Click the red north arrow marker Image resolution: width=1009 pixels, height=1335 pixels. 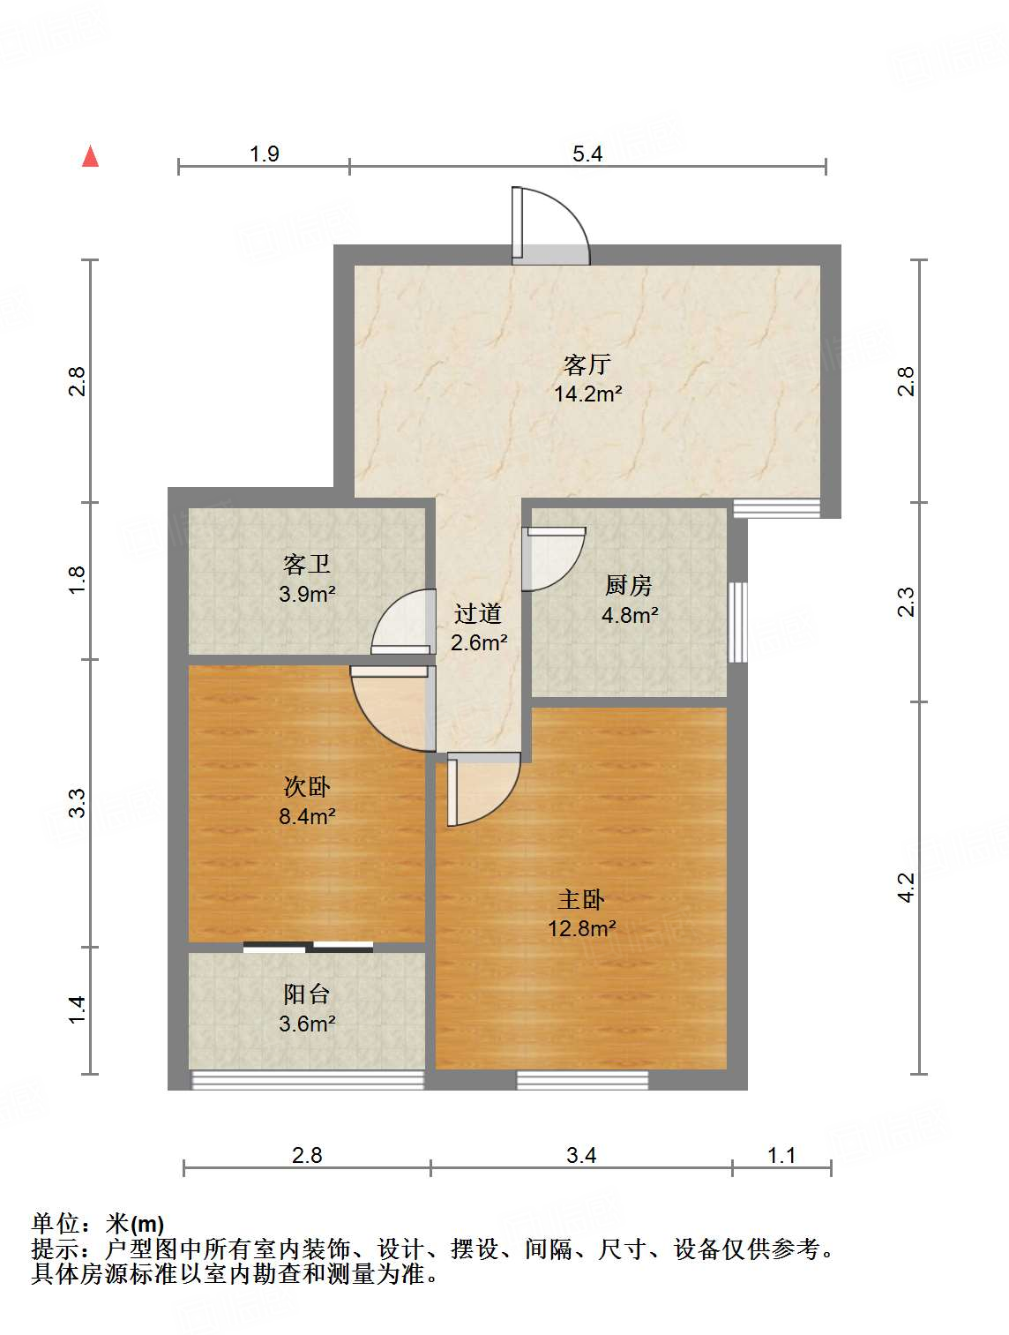click(90, 156)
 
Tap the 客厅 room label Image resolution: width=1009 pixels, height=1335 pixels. click(587, 364)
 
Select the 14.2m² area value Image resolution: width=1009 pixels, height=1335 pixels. click(587, 394)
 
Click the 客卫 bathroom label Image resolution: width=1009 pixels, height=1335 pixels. click(307, 564)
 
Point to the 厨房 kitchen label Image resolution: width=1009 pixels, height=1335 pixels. click(629, 585)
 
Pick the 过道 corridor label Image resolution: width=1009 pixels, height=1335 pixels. click(478, 613)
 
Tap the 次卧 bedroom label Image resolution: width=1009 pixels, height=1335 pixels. click(307, 786)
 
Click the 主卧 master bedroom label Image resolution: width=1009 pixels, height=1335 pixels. click(581, 899)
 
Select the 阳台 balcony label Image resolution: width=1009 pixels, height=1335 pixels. click(307, 994)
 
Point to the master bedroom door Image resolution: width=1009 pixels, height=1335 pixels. click(481, 788)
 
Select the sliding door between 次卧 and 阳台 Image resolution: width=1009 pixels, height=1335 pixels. click(308, 948)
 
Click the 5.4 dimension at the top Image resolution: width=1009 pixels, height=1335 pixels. click(587, 154)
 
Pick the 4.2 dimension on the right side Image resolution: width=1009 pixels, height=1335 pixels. click(907, 887)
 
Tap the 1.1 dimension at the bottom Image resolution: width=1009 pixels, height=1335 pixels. click(781, 1155)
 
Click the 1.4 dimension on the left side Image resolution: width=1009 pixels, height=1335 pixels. click(78, 1009)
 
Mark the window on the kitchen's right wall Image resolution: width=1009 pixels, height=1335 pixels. click(737, 622)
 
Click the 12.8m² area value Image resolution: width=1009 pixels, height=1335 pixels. click(581, 928)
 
